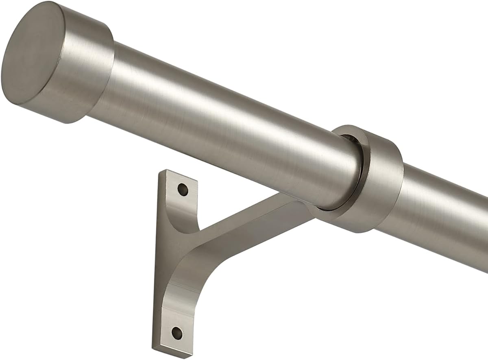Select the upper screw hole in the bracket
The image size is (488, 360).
tap(183, 190)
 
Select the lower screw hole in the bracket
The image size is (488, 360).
tap(177, 333)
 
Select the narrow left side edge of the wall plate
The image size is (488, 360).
tap(157, 260)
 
